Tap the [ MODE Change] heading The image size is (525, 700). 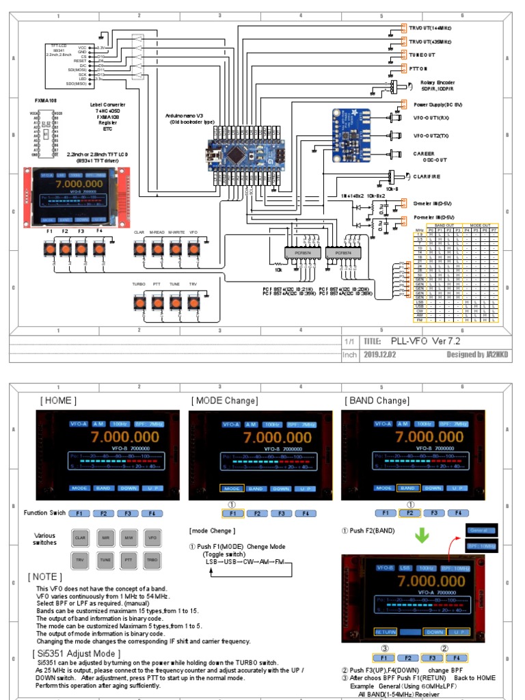coord(224,401)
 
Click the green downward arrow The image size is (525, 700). coord(422,534)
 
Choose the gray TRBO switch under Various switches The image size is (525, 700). coord(151,560)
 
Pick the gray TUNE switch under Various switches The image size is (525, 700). coord(105,560)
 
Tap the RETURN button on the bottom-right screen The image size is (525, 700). coord(386,632)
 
